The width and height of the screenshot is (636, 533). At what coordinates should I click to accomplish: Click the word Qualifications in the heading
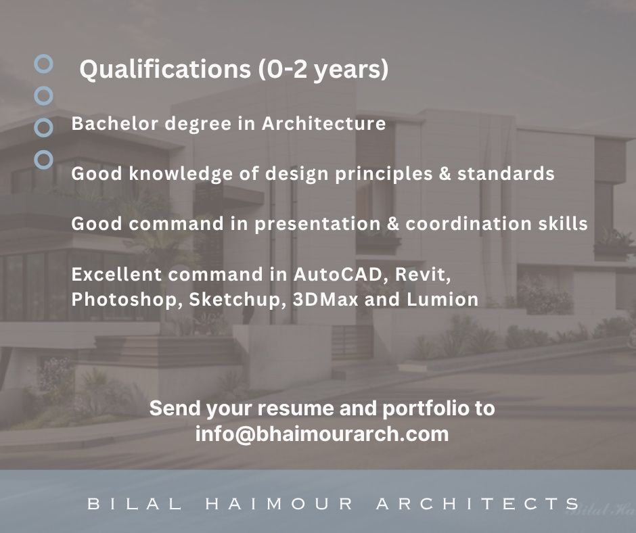pyautogui.click(x=165, y=69)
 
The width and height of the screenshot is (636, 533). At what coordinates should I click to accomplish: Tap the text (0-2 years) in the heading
pyautogui.click(x=323, y=69)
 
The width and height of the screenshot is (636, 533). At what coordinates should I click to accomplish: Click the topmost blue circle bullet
pyautogui.click(x=43, y=64)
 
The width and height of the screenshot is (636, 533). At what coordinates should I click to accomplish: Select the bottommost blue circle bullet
pyautogui.click(x=43, y=160)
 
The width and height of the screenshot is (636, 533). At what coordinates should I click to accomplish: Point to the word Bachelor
pyautogui.click(x=115, y=123)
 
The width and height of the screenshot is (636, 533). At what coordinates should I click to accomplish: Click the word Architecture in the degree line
pyautogui.click(x=323, y=123)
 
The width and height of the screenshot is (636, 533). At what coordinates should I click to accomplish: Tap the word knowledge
pyautogui.click(x=181, y=174)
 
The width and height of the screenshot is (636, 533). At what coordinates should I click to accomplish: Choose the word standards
pyautogui.click(x=506, y=174)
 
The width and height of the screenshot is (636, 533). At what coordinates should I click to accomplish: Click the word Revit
pyautogui.click(x=423, y=275)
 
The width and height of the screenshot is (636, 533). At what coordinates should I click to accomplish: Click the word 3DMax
pyautogui.click(x=325, y=300)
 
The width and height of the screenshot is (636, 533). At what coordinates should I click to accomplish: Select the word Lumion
pyautogui.click(x=442, y=300)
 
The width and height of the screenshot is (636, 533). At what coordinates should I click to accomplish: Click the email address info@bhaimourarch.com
pyautogui.click(x=322, y=434)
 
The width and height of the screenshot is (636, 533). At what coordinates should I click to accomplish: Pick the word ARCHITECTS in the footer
pyautogui.click(x=478, y=504)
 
